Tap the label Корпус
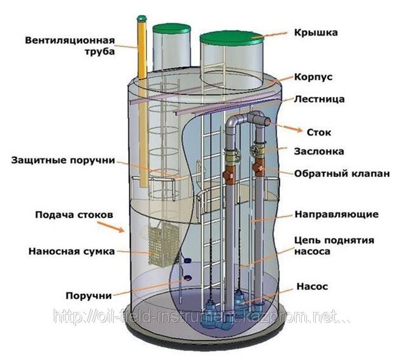pos(313,77)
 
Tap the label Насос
pos(312,286)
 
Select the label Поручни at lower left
pos(89,295)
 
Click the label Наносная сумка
pos(71,251)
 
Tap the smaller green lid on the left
pos(171,28)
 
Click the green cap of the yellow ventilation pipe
pos(141,18)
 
